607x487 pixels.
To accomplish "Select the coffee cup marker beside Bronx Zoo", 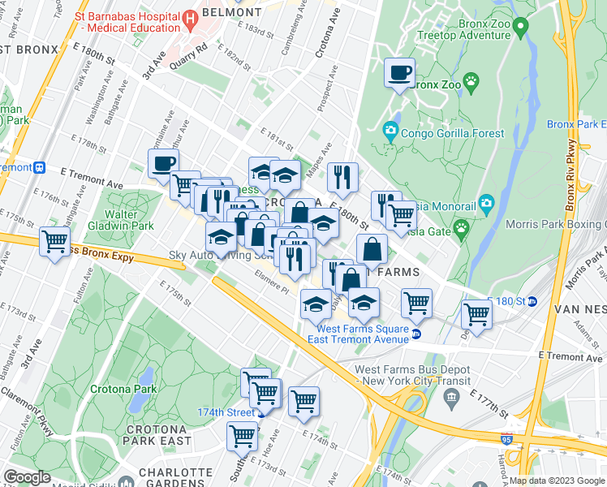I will (398, 74).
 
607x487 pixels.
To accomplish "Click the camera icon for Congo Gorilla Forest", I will (390, 129).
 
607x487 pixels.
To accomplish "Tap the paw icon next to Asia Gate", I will (461, 229).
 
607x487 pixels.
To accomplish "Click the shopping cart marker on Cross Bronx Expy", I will (54, 241).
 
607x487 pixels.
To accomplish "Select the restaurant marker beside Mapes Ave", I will (342, 177).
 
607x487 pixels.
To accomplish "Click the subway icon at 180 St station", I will (532, 302).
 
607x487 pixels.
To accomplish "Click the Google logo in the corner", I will (28, 477).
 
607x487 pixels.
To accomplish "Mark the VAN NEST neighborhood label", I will (576, 309).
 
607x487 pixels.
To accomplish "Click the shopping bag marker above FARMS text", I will (371, 249).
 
